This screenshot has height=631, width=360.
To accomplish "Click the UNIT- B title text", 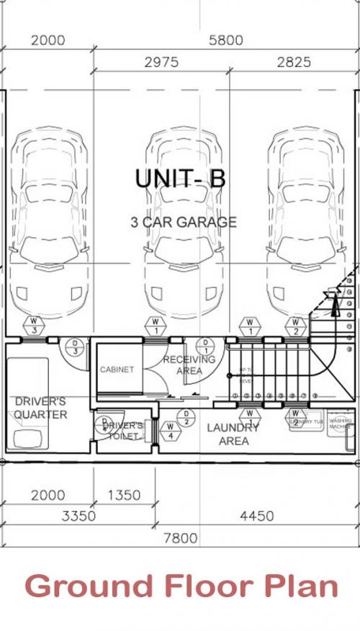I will (x=181, y=179).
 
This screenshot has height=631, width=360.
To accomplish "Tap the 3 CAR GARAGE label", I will (x=184, y=222).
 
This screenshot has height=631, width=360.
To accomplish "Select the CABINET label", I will (x=117, y=370).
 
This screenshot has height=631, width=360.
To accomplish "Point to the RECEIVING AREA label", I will (x=189, y=364).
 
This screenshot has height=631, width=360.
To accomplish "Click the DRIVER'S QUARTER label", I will (x=40, y=408).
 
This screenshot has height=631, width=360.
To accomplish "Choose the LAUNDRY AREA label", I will (x=233, y=434).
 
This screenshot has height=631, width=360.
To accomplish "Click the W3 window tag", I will (x=35, y=326).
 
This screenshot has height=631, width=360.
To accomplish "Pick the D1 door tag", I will (x=205, y=346).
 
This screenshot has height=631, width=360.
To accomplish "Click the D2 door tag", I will (x=186, y=417).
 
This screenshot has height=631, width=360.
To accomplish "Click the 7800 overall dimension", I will (x=179, y=539).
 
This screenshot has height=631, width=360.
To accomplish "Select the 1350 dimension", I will (x=124, y=495).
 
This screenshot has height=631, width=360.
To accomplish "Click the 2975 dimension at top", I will (x=161, y=63).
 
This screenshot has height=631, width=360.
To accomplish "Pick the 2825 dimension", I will (x=294, y=63).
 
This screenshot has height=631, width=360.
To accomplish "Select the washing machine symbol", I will (x=339, y=424).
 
